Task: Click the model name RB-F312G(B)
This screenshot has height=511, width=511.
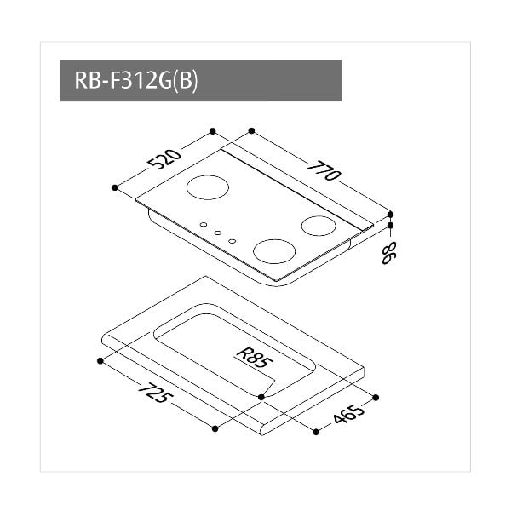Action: point(136,80)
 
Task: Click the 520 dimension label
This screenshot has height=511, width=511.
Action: point(164,158)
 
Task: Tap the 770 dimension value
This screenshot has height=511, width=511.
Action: point(324,170)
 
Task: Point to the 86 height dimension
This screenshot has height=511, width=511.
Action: point(388,253)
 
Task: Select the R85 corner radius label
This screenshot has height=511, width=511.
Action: point(255,358)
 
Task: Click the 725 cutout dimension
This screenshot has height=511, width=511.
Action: point(156,393)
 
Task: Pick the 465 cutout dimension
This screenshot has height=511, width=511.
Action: point(347,414)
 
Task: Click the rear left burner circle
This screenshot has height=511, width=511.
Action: point(208,187)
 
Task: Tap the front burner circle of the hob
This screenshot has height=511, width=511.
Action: point(274,251)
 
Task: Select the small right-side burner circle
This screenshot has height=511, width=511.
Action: point(319,226)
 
